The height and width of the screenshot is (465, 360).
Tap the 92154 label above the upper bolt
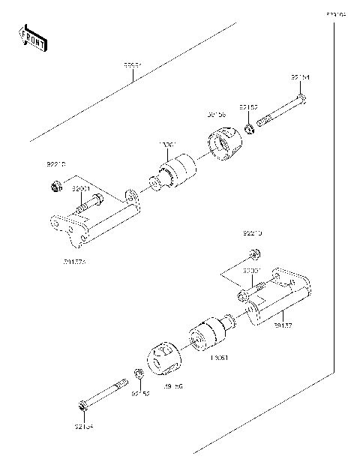(300, 76)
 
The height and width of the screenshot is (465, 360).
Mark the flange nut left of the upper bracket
(56, 186)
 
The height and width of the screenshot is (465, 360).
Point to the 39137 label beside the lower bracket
(283, 326)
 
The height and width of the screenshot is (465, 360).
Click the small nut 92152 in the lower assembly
(138, 374)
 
